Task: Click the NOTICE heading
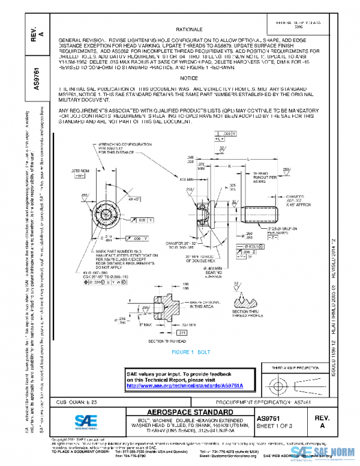point(188,79)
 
